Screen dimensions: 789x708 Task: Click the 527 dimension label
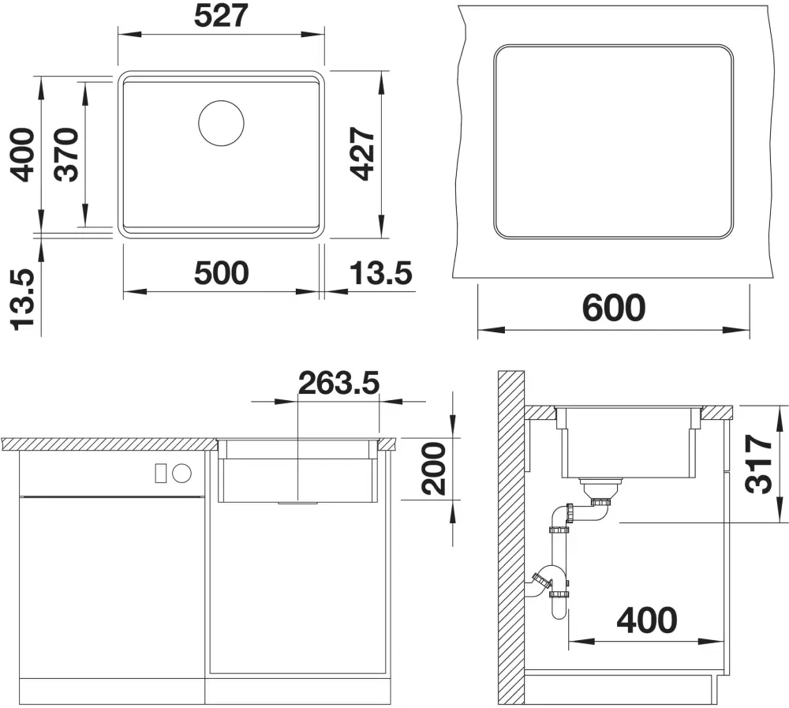click(222, 16)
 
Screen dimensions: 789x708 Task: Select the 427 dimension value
click(363, 154)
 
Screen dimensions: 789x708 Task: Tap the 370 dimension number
click(67, 155)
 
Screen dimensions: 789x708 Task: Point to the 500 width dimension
click(222, 273)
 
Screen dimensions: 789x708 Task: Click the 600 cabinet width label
click(613, 308)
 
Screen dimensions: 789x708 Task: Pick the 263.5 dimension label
click(338, 383)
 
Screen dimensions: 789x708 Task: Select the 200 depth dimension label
click(434, 468)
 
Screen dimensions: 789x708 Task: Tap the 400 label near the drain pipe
click(647, 620)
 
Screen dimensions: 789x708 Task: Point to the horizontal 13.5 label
click(381, 273)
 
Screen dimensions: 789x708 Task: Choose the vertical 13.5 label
click(24, 299)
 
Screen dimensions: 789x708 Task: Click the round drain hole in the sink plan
click(222, 123)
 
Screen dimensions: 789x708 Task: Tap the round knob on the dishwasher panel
click(181, 473)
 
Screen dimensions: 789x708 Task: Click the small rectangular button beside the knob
click(160, 473)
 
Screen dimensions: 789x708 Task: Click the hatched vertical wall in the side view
click(510, 537)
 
